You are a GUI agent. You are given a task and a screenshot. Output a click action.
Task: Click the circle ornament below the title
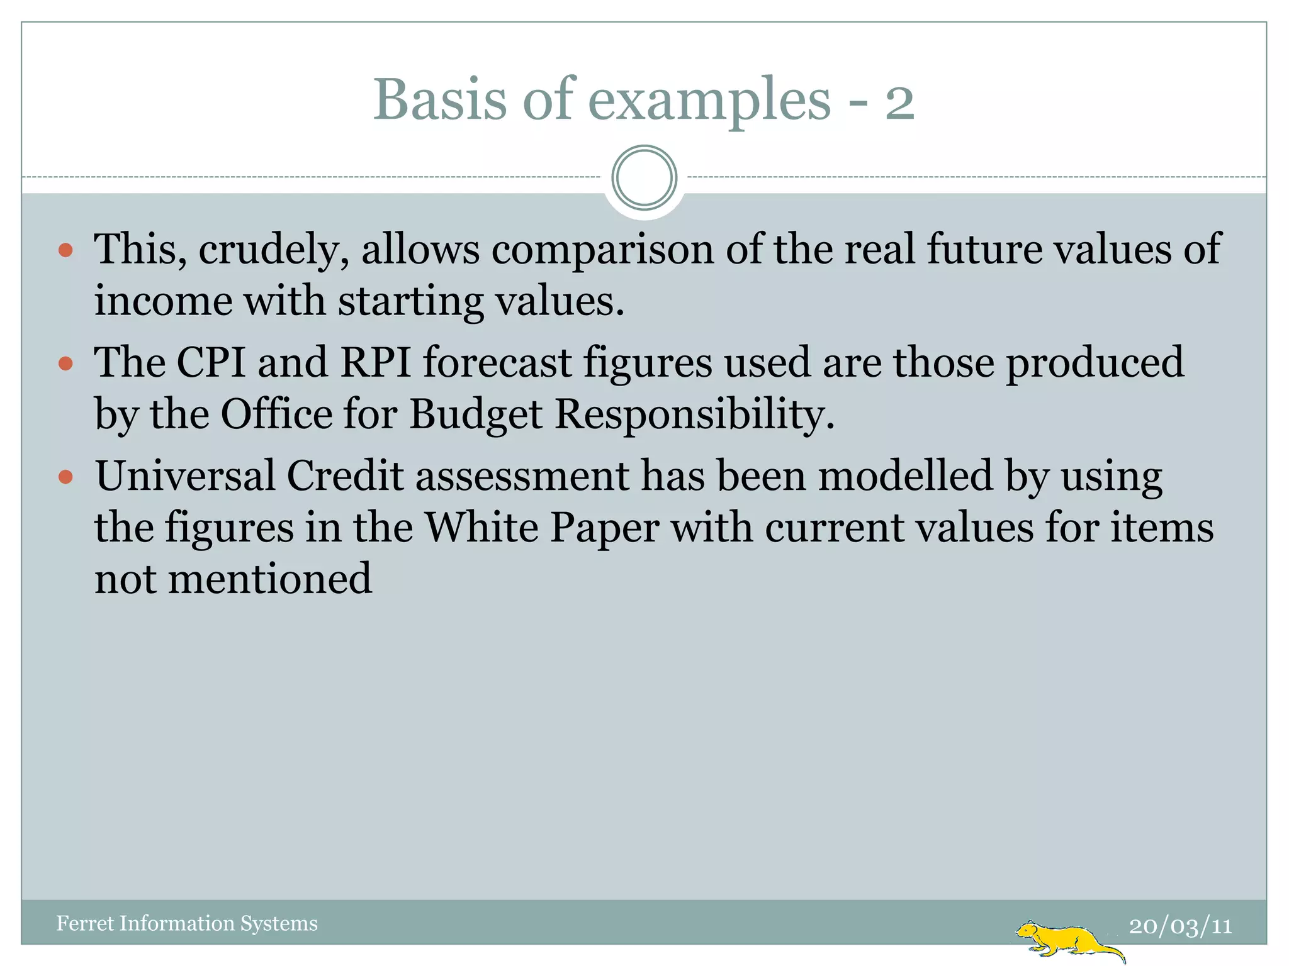click(x=644, y=178)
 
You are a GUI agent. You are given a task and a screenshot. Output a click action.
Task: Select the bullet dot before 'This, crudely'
click(x=65, y=251)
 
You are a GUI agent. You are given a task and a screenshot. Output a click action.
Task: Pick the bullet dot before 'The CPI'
click(x=65, y=364)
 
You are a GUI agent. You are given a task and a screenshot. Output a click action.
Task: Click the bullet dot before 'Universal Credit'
click(x=65, y=477)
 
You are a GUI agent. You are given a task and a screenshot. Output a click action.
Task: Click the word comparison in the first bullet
click(x=602, y=250)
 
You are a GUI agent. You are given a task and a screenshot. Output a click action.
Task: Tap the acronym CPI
click(x=211, y=363)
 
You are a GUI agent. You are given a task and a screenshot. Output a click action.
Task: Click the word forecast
click(x=497, y=363)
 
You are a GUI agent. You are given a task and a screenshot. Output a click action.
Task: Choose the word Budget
click(x=476, y=415)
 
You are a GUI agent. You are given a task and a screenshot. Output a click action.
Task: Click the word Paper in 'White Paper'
click(x=604, y=528)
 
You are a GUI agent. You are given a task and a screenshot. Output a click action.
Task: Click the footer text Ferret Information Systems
click(x=187, y=923)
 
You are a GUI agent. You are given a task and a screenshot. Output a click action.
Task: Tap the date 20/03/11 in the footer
click(x=1180, y=926)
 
